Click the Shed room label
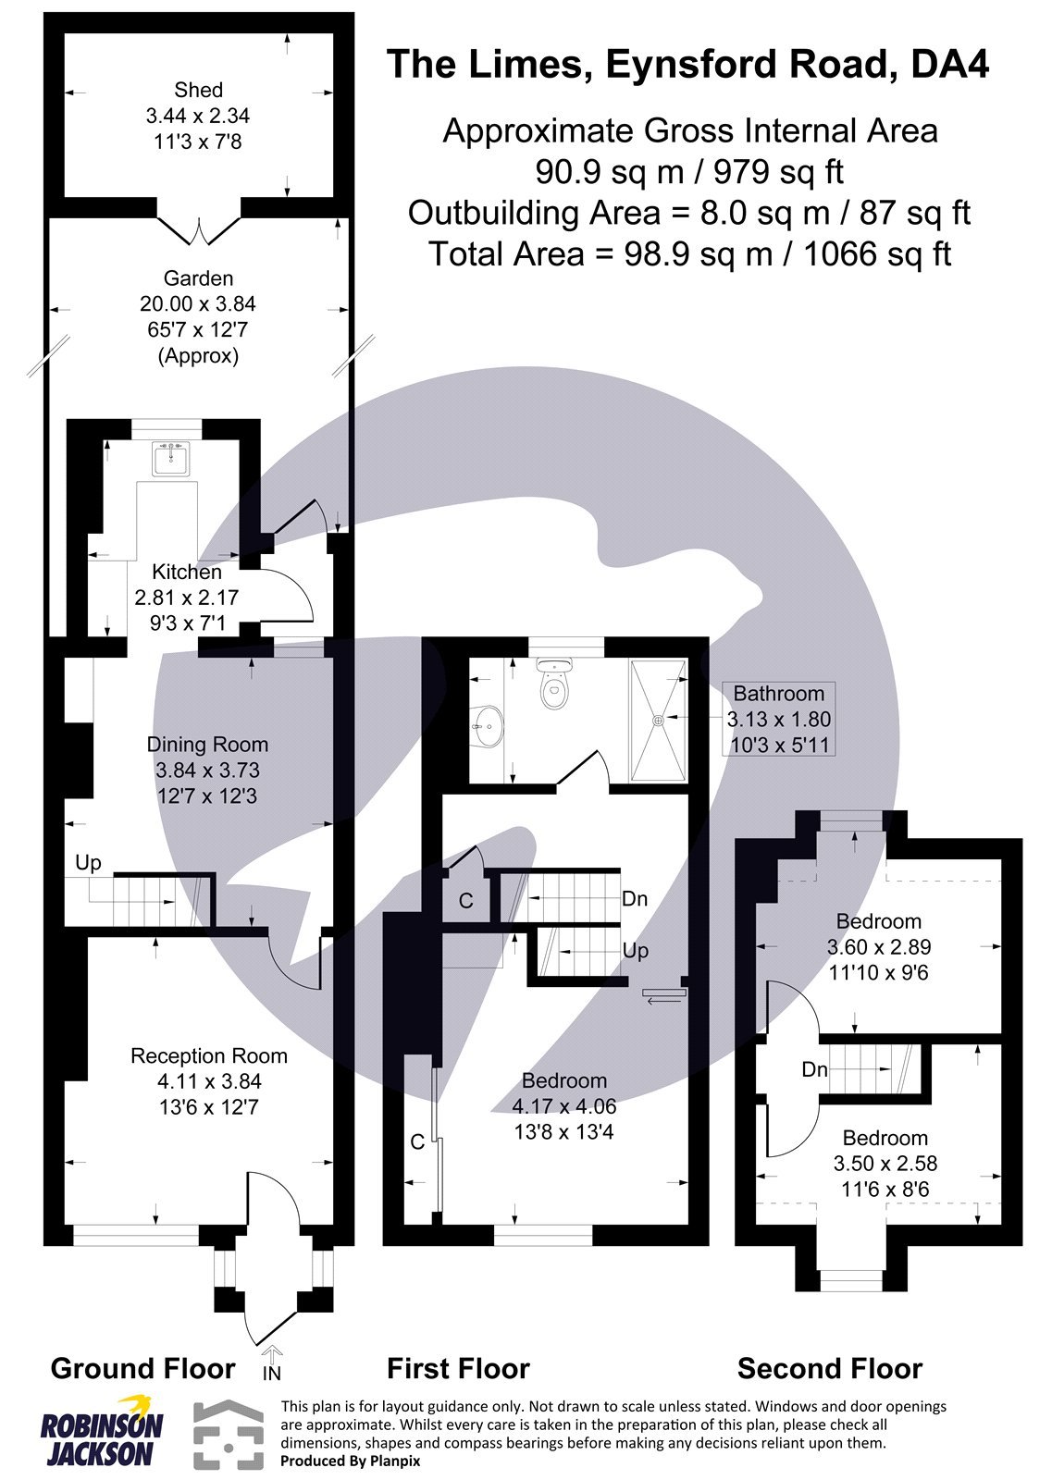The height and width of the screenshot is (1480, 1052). pyautogui.click(x=198, y=90)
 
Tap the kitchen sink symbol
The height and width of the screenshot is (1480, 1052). pyautogui.click(x=170, y=458)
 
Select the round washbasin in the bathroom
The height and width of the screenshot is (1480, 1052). pyautogui.click(x=488, y=726)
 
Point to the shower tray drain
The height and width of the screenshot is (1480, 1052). pyautogui.click(x=659, y=719)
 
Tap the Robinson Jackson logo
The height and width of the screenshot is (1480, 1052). pyautogui.click(x=101, y=1428)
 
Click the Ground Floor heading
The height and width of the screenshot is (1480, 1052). pyautogui.click(x=142, y=1368)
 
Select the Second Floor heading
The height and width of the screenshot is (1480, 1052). pyautogui.click(x=829, y=1368)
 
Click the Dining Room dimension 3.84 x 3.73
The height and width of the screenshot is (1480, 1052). pyautogui.click(x=207, y=771)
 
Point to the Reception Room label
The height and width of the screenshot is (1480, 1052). pyautogui.click(x=208, y=1055)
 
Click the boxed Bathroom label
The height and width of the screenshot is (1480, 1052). pyautogui.click(x=778, y=694)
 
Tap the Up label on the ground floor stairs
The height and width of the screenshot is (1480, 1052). pyautogui.click(x=88, y=863)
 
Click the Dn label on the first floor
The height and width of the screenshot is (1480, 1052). pyautogui.click(x=635, y=899)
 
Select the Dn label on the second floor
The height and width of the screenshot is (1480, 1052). pyautogui.click(x=814, y=1070)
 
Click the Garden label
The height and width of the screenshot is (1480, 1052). pyautogui.click(x=198, y=278)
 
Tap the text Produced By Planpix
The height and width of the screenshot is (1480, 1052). pyautogui.click(x=350, y=1461)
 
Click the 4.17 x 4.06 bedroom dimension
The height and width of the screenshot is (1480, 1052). pyautogui.click(x=563, y=1106)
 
